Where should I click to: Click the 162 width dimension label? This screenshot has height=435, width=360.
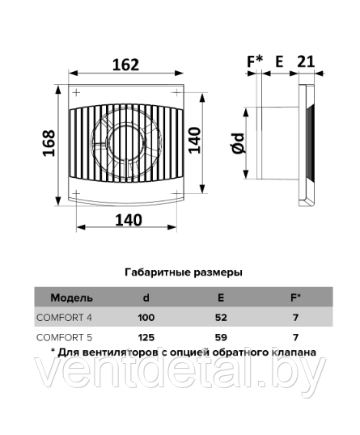pos(125,65)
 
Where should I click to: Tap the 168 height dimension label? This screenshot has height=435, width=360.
pos(49,143)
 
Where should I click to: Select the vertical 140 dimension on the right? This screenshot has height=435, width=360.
pos(194,140)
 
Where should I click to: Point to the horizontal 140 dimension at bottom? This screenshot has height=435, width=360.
pos(129,220)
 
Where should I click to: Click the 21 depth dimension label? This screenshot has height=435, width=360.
pos(306,61)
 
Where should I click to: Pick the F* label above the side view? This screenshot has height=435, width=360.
pos(255,61)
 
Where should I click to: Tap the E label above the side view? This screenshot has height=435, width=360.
pos(279,61)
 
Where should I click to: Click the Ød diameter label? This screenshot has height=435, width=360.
pos(239,143)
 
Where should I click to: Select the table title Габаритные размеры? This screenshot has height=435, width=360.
pos(184,272)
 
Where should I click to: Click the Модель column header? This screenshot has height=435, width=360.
pos(71,298)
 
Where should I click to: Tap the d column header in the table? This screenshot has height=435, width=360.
pos(146,298)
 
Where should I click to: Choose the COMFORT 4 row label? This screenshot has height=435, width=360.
pos(64,318)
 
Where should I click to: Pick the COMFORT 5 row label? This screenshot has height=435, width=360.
pos(64,337)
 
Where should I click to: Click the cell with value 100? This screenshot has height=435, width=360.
pos(146,318)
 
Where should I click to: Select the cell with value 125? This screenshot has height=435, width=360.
pos(146,337)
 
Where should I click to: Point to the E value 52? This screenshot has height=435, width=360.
pos(221,318)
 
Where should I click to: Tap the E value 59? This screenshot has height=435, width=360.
pos(221,337)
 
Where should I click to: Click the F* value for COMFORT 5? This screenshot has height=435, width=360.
pos(295,337)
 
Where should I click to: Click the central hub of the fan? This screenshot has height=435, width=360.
pos(126,142)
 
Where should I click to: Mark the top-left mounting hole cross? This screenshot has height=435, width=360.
pos(76,92)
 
